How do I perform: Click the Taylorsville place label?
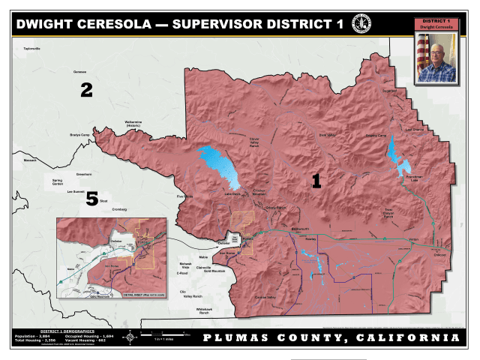tap(31, 49)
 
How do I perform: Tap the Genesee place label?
tap(80, 72)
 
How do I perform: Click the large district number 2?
tap(86, 91)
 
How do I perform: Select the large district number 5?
tap(91, 199)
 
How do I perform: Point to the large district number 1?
tap(316, 181)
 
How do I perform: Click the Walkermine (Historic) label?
tap(133, 123)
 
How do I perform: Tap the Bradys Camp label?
tap(80, 135)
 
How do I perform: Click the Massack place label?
tap(30, 160)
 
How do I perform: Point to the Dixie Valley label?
tap(328, 135)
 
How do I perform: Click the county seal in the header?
tap(362, 23)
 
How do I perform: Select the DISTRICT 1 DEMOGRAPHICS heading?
tap(67, 330)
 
